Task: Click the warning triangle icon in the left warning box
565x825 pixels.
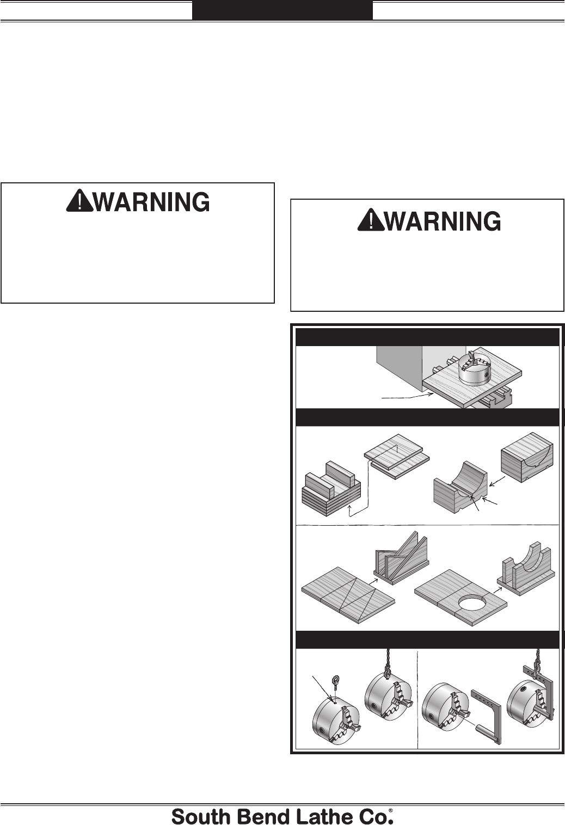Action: coord(79,201)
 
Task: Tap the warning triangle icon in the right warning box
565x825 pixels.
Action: coord(371,220)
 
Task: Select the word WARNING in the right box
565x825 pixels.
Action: coord(443,221)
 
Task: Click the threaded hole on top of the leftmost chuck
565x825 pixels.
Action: coord(335,703)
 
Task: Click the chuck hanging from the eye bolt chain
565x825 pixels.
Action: coord(388,700)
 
